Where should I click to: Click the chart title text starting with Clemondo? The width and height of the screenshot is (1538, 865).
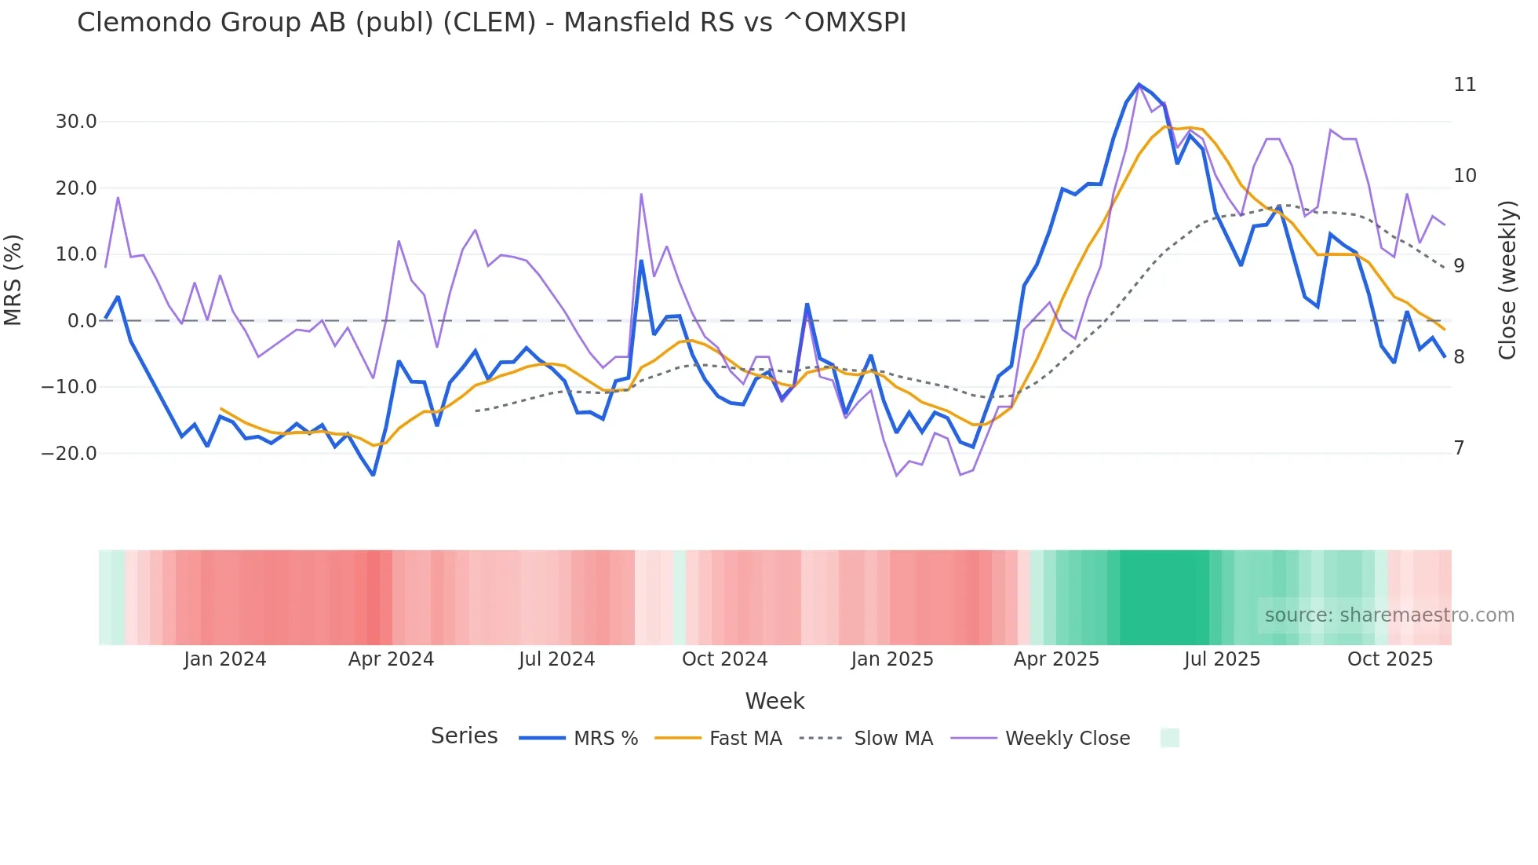pyautogui.click(x=491, y=23)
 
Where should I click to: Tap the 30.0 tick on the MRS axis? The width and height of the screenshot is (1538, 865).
pyautogui.click(x=76, y=122)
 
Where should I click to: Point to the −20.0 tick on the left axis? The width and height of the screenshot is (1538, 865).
pyautogui.click(x=69, y=454)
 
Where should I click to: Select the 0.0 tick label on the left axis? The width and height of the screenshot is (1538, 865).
pyautogui.click(x=82, y=321)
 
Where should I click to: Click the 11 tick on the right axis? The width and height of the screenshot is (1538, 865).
pyautogui.click(x=1464, y=85)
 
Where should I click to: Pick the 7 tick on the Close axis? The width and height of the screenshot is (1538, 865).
pyautogui.click(x=1459, y=448)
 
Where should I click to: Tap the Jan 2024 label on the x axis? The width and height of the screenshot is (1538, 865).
pyautogui.click(x=225, y=659)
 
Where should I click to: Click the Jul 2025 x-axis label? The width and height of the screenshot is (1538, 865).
pyautogui.click(x=1222, y=659)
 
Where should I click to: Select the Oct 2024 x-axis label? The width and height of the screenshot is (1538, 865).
pyautogui.click(x=724, y=659)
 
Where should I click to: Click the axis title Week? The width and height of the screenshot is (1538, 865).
pyautogui.click(x=774, y=701)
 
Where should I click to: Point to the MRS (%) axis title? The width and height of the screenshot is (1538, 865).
pyautogui.click(x=13, y=279)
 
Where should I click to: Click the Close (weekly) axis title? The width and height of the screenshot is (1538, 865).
pyautogui.click(x=1507, y=280)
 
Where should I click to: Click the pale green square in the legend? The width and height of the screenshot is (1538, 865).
pyautogui.click(x=1169, y=738)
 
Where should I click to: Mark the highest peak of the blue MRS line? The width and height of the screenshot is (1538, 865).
pyautogui.click(x=1139, y=84)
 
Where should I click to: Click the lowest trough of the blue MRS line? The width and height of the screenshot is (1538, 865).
pyautogui.click(x=374, y=475)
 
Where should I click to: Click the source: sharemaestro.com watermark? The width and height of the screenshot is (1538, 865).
pyautogui.click(x=1389, y=615)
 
